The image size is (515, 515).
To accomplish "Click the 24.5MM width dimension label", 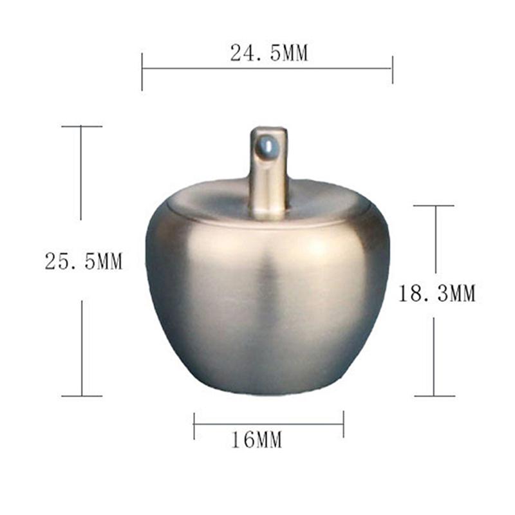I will tap(269, 54).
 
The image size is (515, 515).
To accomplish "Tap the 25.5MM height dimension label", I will tap(84, 261).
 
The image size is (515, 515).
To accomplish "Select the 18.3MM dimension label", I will tap(436, 294).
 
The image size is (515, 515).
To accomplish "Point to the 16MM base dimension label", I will tap(256, 440).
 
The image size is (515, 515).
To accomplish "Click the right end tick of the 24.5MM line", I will tap(392, 68).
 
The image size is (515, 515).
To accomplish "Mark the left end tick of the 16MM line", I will tap(194, 424).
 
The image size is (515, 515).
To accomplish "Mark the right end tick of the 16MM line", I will tap(343, 424).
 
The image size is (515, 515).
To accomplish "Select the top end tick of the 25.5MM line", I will tap(81, 126).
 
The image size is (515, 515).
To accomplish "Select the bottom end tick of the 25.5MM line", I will tap(82, 396).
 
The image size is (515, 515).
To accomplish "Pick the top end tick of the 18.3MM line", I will tap(435, 206).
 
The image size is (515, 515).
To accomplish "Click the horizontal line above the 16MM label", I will tap(268, 424).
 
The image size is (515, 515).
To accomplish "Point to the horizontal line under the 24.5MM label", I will tap(267, 68).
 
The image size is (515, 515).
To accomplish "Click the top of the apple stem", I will tap(268, 129).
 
